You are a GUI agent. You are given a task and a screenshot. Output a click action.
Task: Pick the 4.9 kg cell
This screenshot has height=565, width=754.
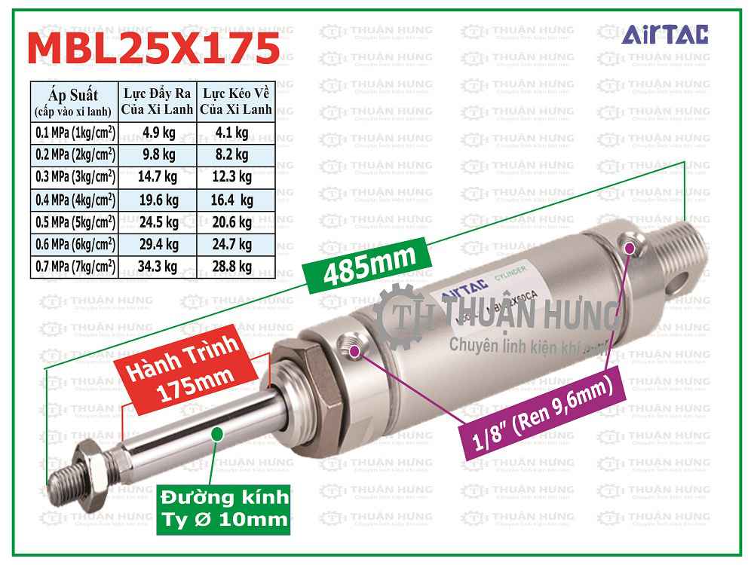pyautogui.click(x=158, y=133)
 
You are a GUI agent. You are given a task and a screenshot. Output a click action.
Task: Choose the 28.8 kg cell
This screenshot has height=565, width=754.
pyautogui.click(x=235, y=266)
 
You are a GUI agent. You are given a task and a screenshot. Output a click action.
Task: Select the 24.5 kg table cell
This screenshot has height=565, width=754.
pyautogui.click(x=158, y=222)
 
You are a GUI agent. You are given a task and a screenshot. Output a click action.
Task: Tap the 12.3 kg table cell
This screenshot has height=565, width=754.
pyautogui.click(x=235, y=178)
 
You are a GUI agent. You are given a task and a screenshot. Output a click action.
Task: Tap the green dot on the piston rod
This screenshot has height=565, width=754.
pyautogui.click(x=217, y=432)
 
